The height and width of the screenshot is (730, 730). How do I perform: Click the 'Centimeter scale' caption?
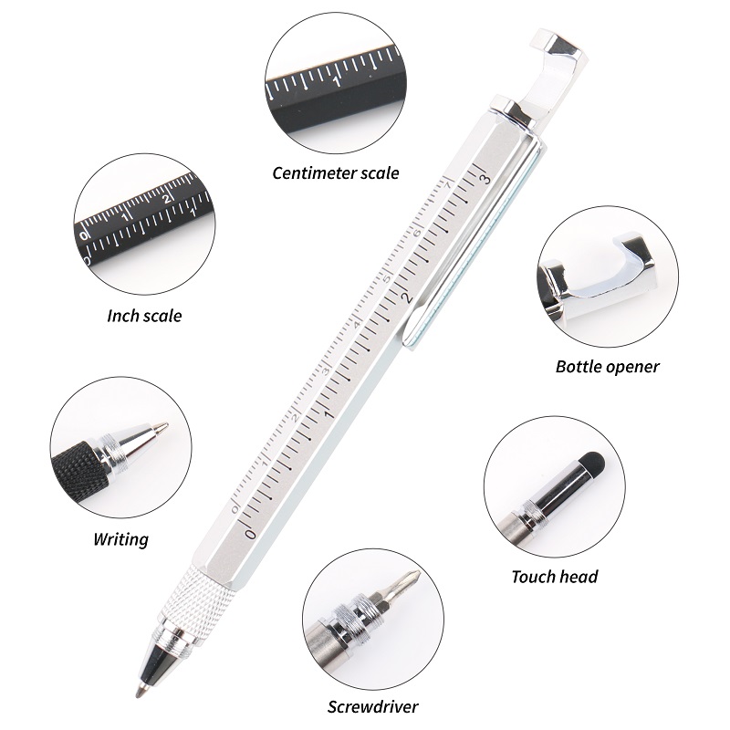coord(336,173)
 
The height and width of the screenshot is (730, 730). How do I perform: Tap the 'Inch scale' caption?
coord(144,316)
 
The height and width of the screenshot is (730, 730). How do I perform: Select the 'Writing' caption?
coord(121,539)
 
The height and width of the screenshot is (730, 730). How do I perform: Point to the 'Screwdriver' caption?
coord(372,706)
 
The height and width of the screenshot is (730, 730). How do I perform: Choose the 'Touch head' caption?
coord(555,577)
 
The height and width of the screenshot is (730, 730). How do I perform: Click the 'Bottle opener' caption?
coord(607,367)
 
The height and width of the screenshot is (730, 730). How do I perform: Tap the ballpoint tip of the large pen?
coord(139,693)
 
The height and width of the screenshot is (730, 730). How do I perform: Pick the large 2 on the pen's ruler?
coord(407,297)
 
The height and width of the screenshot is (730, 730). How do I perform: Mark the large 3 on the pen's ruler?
coord(485,178)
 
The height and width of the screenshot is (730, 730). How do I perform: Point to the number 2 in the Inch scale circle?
coord(166,199)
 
